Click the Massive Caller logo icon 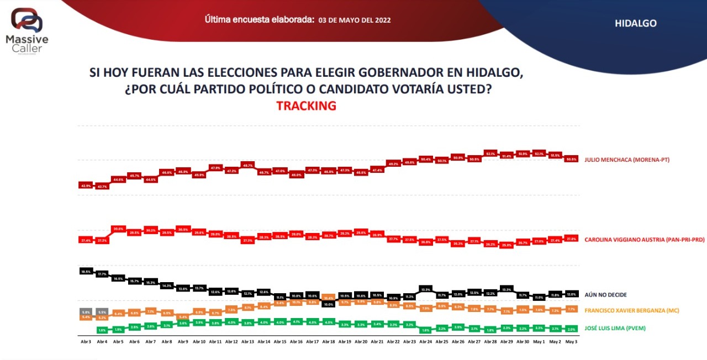coord(27,20)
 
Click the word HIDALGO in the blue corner coord(635,23)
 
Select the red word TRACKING coord(306,106)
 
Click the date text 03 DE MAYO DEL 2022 coord(355,20)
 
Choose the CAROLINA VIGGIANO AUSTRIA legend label coord(644,240)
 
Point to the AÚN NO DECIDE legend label coord(605,295)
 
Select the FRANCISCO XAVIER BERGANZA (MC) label coord(632,310)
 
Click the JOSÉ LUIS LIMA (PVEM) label coord(615,329)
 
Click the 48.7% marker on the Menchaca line coord(247,165)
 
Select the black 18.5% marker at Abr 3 coord(86,271)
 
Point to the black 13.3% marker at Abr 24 coord(425,289)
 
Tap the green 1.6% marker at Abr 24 coord(425,330)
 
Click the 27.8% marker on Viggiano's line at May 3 coord(572,239)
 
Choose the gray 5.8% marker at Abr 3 coord(86,312)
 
